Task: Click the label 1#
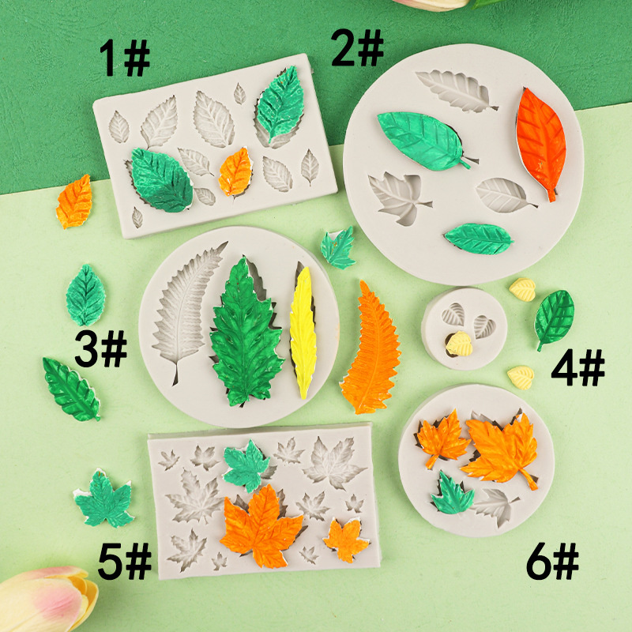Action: pyautogui.click(x=125, y=58)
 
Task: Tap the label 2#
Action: pyautogui.click(x=357, y=47)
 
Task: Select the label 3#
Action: pyautogui.click(x=101, y=348)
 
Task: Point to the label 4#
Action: pyautogui.click(x=578, y=367)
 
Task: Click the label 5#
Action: pyautogui.click(x=125, y=561)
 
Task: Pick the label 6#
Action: pyautogui.click(x=552, y=561)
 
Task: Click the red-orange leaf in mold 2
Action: pyautogui.click(x=540, y=143)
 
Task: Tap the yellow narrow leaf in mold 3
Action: pyautogui.click(x=303, y=332)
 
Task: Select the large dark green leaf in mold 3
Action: pyautogui.click(x=246, y=333)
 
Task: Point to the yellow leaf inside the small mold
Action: pyautogui.click(x=459, y=344)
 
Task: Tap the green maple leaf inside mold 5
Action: pyautogui.click(x=246, y=465)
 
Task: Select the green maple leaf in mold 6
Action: pyautogui.click(x=452, y=495)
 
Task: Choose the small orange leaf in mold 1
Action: pyautogui.click(x=235, y=172)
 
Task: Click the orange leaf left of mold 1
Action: pyautogui.click(x=74, y=201)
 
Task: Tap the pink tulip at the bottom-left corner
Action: pyautogui.click(x=47, y=600)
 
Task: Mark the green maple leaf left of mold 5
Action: pyautogui.click(x=104, y=499)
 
